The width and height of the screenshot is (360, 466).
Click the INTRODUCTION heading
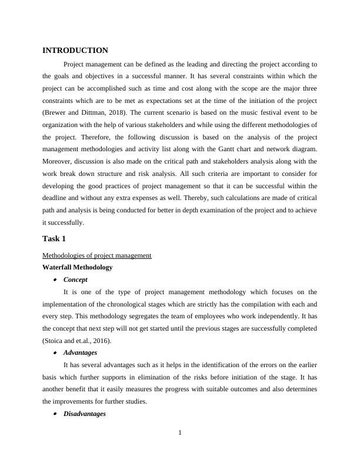pos(75,51)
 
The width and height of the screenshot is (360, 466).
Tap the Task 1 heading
pos(55,238)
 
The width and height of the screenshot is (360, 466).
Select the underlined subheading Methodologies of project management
pos(97,255)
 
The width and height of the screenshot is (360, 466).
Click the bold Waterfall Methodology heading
pos(77,267)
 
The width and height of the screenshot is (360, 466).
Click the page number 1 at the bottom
pos(180,434)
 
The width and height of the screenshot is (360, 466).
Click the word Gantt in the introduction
pos(227,150)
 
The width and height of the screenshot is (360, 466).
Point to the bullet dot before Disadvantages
pos(55,414)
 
